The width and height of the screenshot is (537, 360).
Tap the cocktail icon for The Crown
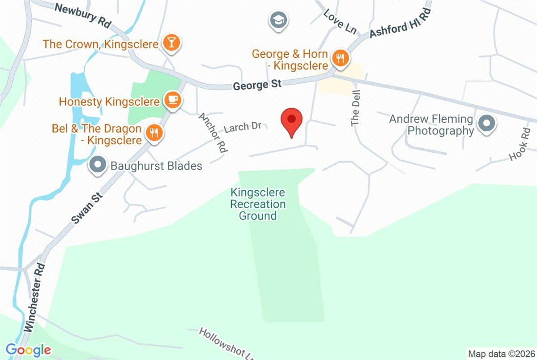point(171,43)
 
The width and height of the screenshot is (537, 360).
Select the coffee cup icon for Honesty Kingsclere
point(172,100)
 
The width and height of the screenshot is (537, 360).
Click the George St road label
point(257,84)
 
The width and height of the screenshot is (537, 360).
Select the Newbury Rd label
point(82,15)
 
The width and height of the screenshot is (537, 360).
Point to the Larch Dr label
point(243,127)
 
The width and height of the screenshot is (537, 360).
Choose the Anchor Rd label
point(213,133)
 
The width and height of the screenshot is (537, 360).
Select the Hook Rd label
point(520,144)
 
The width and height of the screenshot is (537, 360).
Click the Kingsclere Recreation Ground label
point(258,204)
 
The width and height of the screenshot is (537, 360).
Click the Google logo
point(28,349)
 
